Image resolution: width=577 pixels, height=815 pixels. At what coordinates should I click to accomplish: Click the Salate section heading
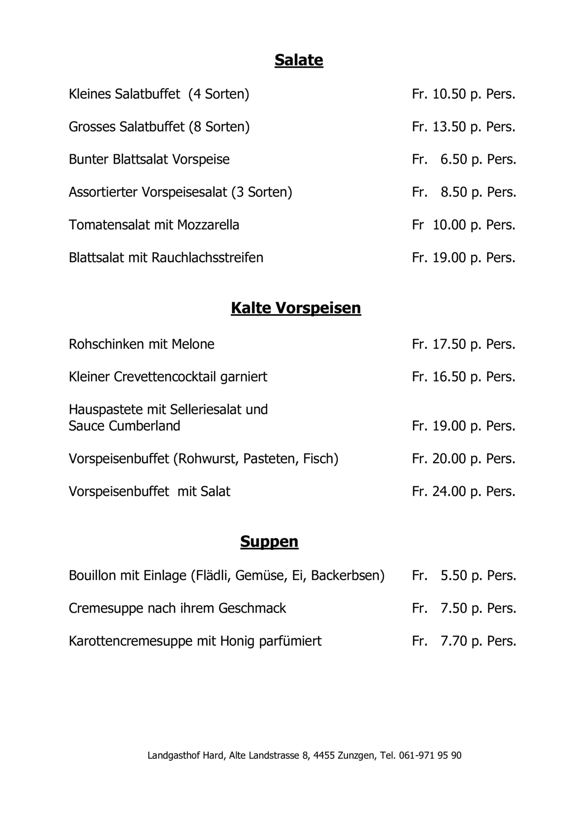[x=298, y=60]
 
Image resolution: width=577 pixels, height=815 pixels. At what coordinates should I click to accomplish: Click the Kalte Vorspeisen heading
[x=296, y=308]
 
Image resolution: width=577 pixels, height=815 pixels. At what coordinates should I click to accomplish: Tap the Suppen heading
[x=269, y=541]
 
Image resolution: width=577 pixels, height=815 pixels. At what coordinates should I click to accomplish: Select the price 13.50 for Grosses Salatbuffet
[x=449, y=127]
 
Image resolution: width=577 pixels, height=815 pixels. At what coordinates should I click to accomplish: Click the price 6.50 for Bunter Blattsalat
[x=453, y=159]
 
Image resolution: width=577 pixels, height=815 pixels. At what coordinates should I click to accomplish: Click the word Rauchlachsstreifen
[x=207, y=258]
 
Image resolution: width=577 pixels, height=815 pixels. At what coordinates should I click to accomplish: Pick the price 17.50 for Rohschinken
[x=449, y=344]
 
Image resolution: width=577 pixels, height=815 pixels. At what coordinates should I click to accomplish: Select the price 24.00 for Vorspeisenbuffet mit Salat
[x=449, y=491]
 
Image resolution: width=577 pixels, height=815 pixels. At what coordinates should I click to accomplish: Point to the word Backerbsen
[x=348, y=576]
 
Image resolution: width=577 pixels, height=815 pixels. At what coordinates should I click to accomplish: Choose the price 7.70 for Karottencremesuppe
[x=453, y=641]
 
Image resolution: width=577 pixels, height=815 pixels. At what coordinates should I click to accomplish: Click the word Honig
[x=235, y=641]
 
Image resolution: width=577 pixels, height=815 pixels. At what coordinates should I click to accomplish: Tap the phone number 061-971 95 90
[x=430, y=755]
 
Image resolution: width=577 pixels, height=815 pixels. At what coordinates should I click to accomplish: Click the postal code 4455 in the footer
[x=324, y=755]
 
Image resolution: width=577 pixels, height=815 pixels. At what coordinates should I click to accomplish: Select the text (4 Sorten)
[x=219, y=94]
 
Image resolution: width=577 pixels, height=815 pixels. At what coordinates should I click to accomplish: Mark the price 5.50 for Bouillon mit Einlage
[x=453, y=576]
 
